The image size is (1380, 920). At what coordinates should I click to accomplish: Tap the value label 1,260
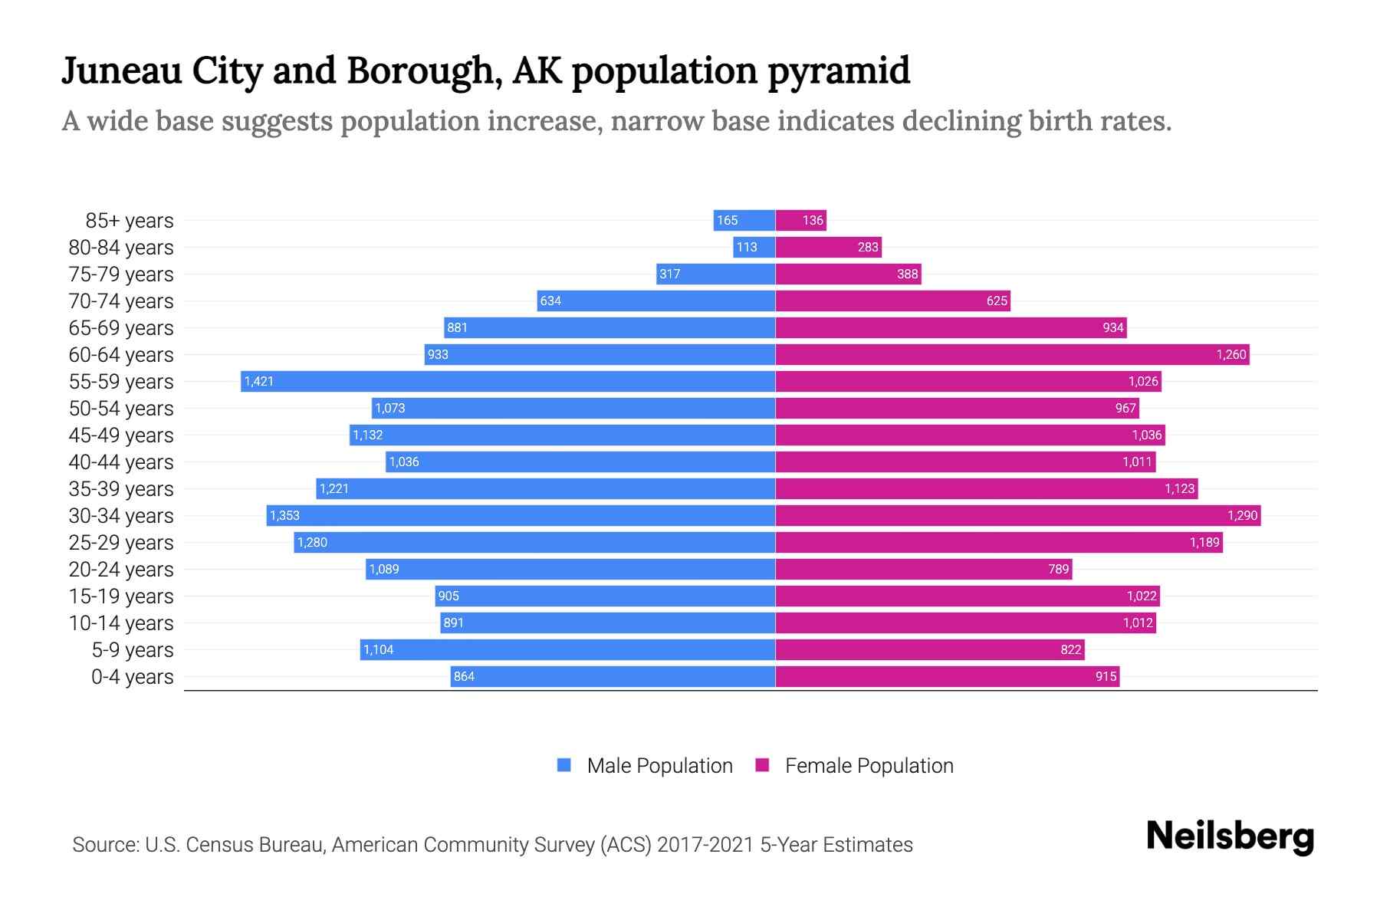point(1231,355)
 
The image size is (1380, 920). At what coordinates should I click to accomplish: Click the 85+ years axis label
point(129,221)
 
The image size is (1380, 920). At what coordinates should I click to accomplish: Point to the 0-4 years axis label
point(132,677)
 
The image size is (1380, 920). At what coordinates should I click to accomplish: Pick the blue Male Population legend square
point(564,765)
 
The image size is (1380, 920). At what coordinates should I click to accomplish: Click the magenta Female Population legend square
point(762,765)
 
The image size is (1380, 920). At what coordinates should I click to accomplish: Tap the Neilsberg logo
point(1230,836)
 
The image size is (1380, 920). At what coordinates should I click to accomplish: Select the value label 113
point(746,248)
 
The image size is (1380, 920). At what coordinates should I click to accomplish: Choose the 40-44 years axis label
point(121,462)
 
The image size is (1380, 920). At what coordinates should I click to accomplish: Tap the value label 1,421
point(259,382)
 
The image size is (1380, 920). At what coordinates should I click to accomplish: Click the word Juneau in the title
point(122,71)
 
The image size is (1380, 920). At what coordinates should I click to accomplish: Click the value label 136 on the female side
point(813,221)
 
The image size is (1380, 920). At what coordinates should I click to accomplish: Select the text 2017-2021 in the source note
point(705,845)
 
